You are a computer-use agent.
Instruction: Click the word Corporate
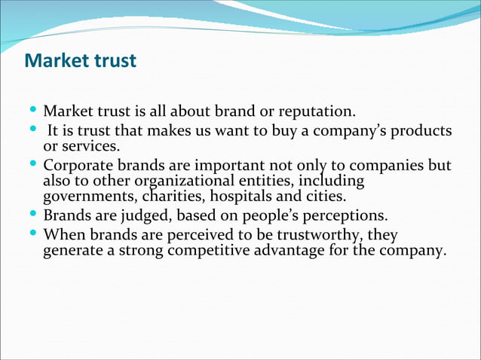pyautogui.click(x=78, y=165)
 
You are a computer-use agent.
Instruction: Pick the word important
pyautogui.click(x=230, y=165)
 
